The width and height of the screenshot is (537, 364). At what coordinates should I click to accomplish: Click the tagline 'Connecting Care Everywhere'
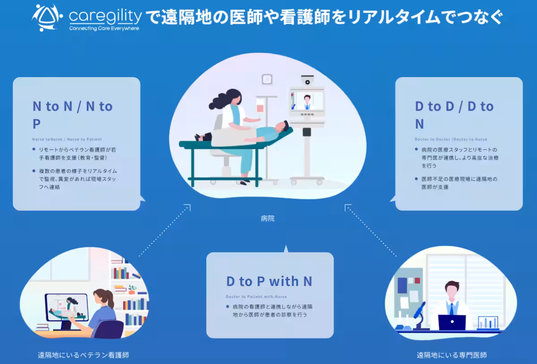tap(104, 28)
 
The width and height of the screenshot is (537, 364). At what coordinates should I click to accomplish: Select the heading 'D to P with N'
tap(269, 282)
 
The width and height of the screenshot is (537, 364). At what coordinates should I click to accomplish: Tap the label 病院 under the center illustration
tap(268, 219)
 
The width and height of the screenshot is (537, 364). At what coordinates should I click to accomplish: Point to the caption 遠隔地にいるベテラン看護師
tap(83, 355)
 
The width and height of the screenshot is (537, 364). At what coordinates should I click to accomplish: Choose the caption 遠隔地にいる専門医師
tap(452, 355)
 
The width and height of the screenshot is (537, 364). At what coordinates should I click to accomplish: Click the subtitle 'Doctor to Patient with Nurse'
tap(256, 297)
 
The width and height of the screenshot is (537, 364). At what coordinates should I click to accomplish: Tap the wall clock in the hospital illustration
tap(267, 79)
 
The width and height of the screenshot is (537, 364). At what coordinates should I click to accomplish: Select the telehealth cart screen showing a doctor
tap(307, 100)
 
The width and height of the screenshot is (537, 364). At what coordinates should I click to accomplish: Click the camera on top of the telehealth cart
tap(307, 80)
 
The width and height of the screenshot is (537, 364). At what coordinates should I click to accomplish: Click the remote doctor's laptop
tap(452, 322)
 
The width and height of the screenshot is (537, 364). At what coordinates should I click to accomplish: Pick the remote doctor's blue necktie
tap(452, 309)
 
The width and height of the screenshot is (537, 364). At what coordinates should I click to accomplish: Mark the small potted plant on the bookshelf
tap(132, 289)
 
